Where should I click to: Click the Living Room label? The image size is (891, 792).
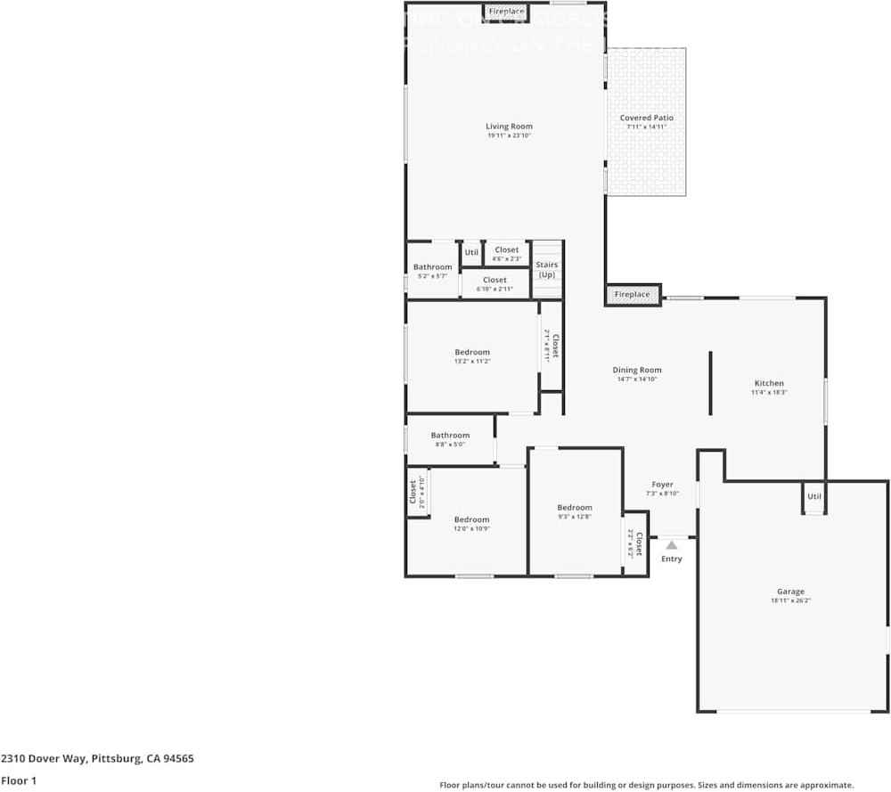[x=509, y=127]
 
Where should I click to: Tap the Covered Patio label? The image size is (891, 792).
[x=646, y=118]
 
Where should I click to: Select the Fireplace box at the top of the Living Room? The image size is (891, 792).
[x=506, y=12]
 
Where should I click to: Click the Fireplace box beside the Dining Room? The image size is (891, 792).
[x=633, y=294]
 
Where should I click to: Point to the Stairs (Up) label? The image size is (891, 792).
[x=546, y=269]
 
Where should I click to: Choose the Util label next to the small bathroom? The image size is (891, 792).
[x=471, y=252]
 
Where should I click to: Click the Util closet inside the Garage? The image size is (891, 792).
[x=813, y=496]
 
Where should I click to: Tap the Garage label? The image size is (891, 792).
[x=790, y=592]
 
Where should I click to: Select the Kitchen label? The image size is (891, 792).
[x=769, y=383]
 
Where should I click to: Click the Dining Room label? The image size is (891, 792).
[x=637, y=370]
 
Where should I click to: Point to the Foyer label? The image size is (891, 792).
[x=662, y=485]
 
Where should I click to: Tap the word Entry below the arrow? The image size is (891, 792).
[x=672, y=559]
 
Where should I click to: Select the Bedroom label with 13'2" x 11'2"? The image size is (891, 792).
[x=472, y=352]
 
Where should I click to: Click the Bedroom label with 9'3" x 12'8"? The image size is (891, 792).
[x=575, y=508]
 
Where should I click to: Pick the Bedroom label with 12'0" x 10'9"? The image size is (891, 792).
[x=471, y=519]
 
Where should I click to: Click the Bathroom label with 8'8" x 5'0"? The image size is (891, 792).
[x=450, y=436]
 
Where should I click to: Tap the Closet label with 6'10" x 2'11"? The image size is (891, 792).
[x=495, y=280]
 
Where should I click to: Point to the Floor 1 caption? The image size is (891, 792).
[x=18, y=780]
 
